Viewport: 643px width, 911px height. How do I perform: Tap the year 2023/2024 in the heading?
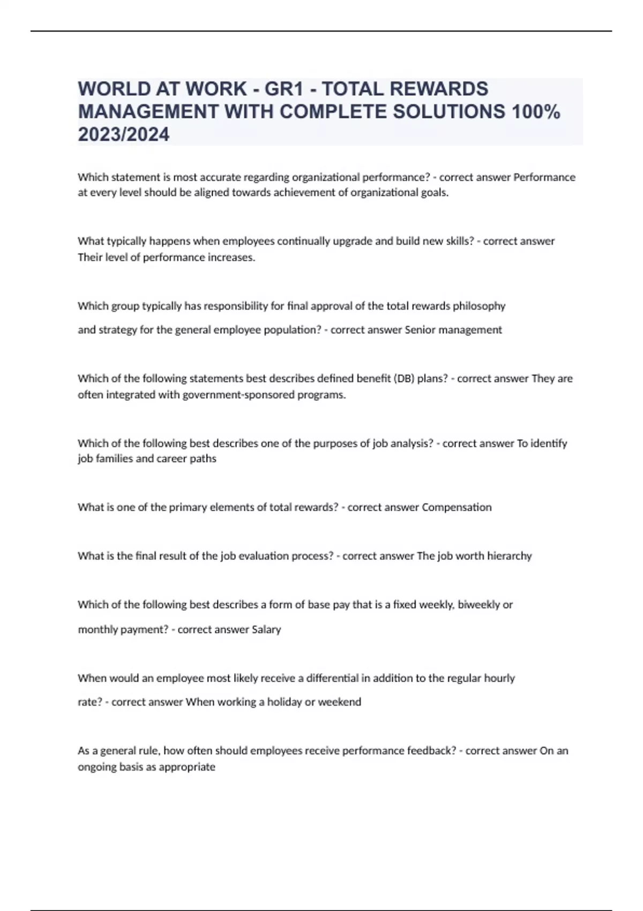coord(124,135)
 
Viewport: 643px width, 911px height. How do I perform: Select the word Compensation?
coord(457,507)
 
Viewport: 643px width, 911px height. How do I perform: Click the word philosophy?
coord(479,306)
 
